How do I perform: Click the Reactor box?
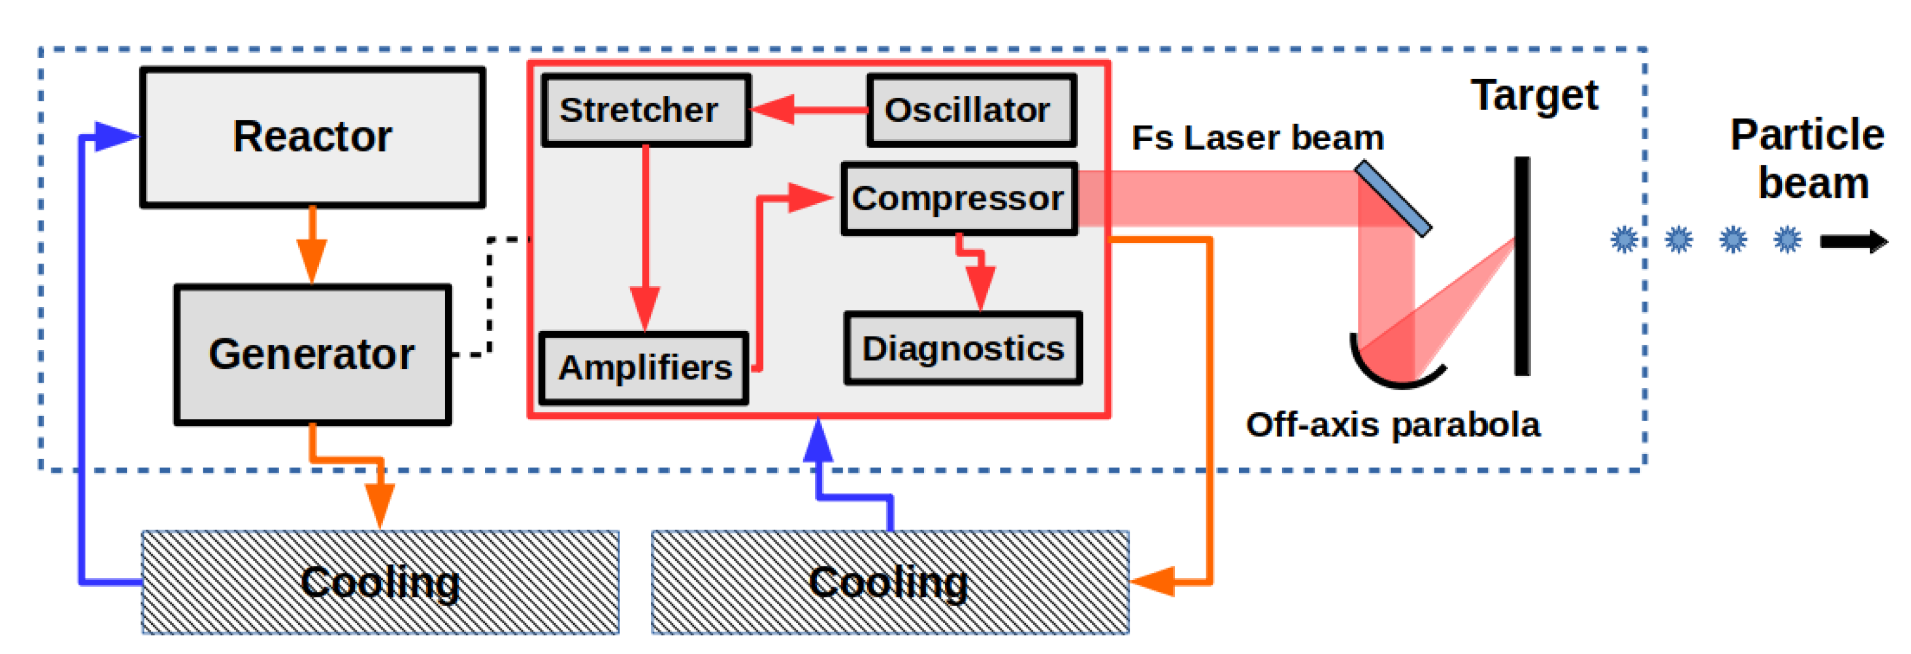coord(312,137)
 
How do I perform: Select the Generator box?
coord(312,354)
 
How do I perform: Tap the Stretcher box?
coord(645,111)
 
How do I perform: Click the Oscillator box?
coord(971,111)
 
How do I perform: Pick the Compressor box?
coord(958,198)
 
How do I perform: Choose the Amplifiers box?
coord(644,368)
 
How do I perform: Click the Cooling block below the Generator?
coord(380,583)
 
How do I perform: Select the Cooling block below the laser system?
coord(890,583)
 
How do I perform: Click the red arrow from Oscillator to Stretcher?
coord(808,110)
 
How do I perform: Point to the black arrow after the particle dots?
coord(1853,241)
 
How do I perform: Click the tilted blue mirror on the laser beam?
coord(1392,198)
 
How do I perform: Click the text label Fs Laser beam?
coord(1257,139)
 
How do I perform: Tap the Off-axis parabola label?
coord(1392,425)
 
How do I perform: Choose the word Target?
coord(1533,97)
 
